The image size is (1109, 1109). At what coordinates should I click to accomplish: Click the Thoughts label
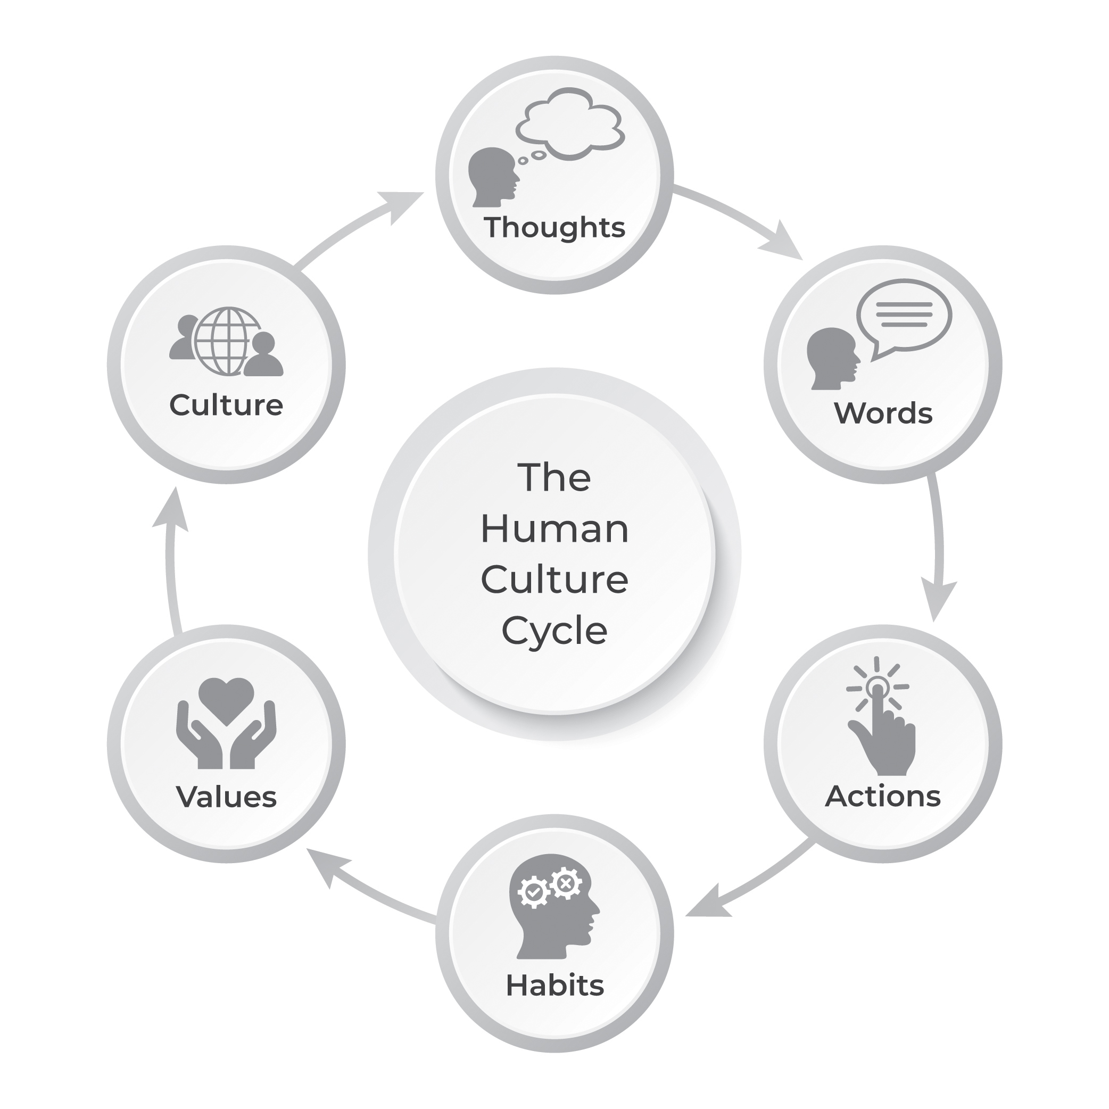click(x=554, y=227)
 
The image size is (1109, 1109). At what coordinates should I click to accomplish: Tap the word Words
click(x=883, y=413)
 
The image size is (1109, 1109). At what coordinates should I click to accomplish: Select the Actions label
click(x=883, y=796)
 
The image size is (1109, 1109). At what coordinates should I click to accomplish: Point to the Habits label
click(x=554, y=986)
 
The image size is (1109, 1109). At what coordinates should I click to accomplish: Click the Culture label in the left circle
click(x=226, y=405)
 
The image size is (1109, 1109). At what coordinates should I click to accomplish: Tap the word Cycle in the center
click(x=554, y=630)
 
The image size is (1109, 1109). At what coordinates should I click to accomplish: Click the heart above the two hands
click(x=226, y=700)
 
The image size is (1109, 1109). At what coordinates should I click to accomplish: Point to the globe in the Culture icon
click(x=228, y=341)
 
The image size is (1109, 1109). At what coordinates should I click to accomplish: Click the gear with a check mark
click(x=533, y=892)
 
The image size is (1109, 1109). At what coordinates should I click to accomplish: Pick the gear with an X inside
click(x=566, y=883)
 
